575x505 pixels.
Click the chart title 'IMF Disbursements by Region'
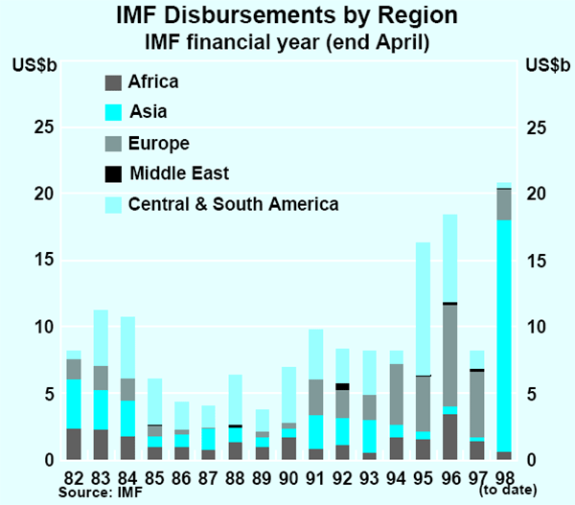coord(287,16)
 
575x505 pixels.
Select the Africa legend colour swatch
coord(113,82)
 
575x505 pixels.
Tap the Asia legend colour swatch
coord(113,112)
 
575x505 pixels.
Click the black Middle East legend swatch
coord(113,173)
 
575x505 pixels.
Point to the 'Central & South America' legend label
coord(233,203)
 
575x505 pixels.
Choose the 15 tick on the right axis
coord(539,261)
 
